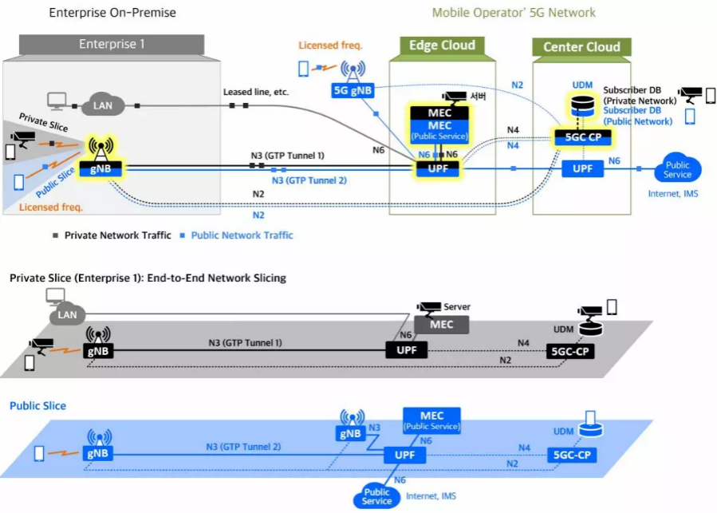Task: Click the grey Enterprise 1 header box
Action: pos(112,45)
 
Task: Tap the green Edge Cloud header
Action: pos(442,45)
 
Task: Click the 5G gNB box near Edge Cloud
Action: pos(351,92)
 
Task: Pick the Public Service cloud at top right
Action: pos(677,169)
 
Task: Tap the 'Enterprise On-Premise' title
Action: pos(112,13)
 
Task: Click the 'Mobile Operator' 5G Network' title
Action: pos(514,13)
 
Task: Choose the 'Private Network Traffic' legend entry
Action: pos(116,235)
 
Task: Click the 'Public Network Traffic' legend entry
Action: pos(242,235)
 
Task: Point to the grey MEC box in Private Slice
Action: pos(441,324)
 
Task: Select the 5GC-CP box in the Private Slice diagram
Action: pos(571,351)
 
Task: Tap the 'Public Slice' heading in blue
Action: pos(37,406)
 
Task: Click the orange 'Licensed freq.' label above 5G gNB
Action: pos(330,46)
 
